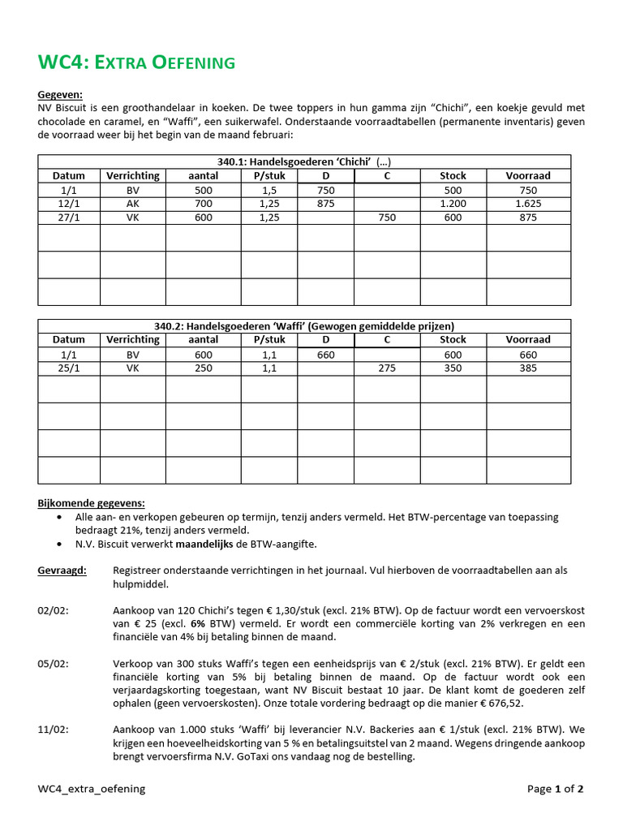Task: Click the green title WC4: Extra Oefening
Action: [136, 62]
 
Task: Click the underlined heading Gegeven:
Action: [60, 95]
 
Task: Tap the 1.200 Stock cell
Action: [453, 203]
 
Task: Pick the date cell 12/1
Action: [69, 203]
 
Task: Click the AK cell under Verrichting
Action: [133, 203]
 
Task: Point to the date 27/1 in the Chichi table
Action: [69, 217]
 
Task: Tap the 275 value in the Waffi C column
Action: [387, 368]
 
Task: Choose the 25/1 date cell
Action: [69, 368]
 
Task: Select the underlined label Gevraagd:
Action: [61, 571]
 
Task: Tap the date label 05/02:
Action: [54, 663]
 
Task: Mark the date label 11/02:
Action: [54, 730]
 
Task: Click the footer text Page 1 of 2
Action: [555, 788]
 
